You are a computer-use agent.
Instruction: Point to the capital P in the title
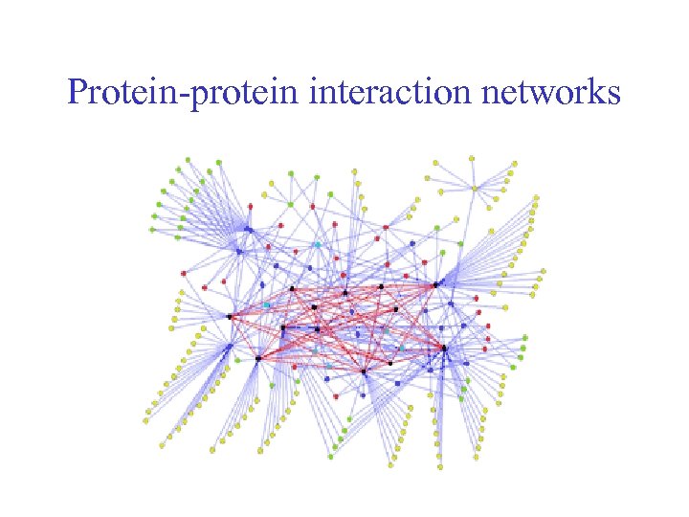[x=77, y=93]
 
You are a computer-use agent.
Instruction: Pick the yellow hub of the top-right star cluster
[x=474, y=189]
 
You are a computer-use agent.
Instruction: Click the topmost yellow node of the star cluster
[x=470, y=158]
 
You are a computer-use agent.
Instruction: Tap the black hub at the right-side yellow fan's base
[x=435, y=284]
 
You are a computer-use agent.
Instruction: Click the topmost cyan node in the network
[x=317, y=244]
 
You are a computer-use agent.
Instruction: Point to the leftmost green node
[x=153, y=230]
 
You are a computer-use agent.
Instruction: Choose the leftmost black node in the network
[x=229, y=316]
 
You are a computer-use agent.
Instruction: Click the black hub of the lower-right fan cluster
[x=444, y=348]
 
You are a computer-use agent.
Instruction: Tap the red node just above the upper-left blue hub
[x=251, y=206]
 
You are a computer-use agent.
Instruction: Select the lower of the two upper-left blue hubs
[x=239, y=252]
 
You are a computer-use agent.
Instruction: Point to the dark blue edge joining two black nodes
[x=300, y=328]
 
